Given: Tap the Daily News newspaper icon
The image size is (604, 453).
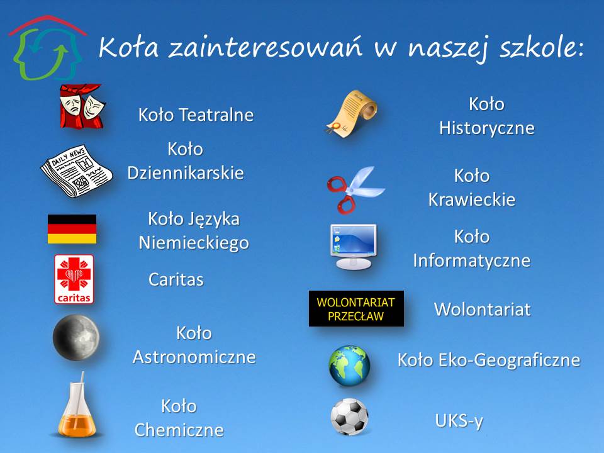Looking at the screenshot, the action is [76, 171].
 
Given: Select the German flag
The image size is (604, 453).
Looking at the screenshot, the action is [72, 229].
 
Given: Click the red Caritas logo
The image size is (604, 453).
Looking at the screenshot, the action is [74, 279].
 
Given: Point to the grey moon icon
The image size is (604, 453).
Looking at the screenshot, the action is [76, 337].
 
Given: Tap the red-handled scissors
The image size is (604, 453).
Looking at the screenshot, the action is [355, 189].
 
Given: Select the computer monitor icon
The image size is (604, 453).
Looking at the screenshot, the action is [353, 247].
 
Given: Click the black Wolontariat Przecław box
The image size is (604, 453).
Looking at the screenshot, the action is [356, 308].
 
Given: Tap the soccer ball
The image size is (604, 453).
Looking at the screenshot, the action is [349, 417].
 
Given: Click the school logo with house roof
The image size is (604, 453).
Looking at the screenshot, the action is [47, 48].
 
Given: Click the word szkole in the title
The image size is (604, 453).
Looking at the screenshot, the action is [542, 48].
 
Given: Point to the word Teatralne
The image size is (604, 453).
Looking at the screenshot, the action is [216, 115].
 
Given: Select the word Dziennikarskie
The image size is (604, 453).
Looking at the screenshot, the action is [186, 173].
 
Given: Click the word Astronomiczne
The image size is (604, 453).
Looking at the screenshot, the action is [194, 357].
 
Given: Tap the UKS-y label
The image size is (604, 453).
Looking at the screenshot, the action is [459, 421].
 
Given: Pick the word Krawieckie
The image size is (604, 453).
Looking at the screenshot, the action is [472, 199].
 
